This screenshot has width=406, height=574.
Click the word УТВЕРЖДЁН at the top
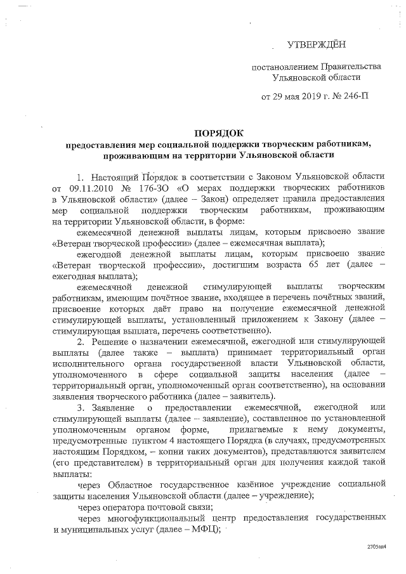318,45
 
